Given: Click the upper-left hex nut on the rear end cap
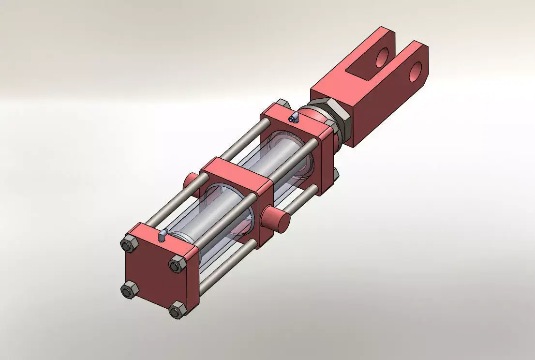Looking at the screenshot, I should pos(129,245).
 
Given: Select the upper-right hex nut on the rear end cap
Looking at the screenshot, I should pos(177,265).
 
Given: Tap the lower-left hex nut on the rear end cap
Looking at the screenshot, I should pos(128,290).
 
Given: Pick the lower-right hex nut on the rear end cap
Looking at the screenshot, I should pos(177,309).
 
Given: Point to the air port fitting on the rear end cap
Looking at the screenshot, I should pos(163,235).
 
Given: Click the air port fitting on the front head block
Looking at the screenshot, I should pos(293,117).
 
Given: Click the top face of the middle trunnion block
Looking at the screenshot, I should pos(235,169).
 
